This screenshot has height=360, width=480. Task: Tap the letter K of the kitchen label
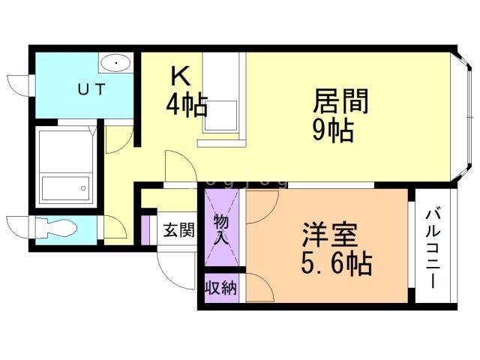point(179,76)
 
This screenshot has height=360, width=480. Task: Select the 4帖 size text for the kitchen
point(187,104)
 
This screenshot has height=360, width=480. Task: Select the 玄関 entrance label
point(178,229)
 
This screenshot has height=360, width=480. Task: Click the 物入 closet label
point(222,229)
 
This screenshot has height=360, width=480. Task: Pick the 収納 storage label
point(220,287)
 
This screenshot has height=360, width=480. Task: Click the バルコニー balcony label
point(432,247)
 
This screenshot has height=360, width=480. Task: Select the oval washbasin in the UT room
point(115,63)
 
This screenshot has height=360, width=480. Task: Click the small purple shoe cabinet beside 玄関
point(145,229)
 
